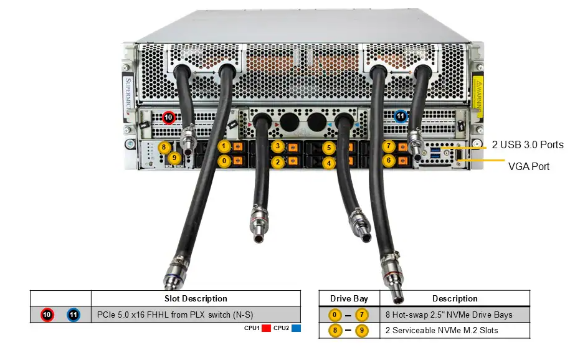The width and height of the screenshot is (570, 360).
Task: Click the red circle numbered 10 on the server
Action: pos(168,118)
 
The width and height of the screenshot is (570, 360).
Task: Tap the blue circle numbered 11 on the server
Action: pos(401,116)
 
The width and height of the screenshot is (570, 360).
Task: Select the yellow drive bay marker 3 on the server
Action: pos(278,146)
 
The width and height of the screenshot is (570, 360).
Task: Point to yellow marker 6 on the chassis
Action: pos(389,160)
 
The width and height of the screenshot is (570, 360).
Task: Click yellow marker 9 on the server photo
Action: pos(174,158)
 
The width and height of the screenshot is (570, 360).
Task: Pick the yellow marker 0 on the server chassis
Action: pos(224,161)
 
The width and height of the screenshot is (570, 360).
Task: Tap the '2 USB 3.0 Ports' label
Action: pos(528,144)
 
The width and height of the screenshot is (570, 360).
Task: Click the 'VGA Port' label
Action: pos(528,166)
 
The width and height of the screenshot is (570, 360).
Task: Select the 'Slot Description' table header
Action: pos(196,298)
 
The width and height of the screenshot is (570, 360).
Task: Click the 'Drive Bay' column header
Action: pos(349,298)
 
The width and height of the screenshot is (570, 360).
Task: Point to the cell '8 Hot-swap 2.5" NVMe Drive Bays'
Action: pos(449,315)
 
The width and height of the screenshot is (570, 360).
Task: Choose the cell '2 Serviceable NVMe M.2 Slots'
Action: pos(442,331)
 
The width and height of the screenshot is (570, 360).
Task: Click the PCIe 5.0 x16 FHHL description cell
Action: pos(175,315)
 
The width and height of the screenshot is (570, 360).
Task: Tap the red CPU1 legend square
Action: pos(266,328)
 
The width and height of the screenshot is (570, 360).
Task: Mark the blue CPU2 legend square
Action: pos(297,328)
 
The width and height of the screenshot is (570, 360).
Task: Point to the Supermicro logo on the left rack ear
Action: pos(128,95)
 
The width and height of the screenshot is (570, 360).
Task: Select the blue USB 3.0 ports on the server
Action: pos(435,153)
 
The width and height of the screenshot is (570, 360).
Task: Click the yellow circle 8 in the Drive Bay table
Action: pos(335,331)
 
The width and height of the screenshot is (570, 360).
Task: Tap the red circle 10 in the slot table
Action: pos(47,315)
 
